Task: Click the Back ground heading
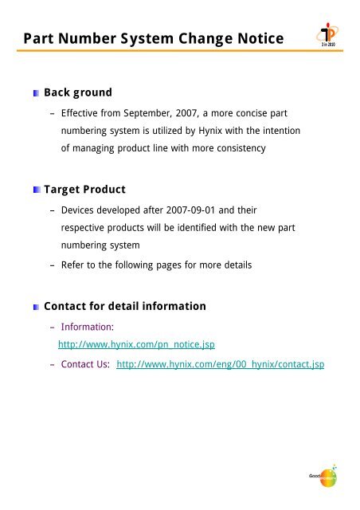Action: (78, 92)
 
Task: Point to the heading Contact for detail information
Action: (125, 306)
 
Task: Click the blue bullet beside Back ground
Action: (34, 92)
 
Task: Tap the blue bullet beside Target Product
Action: (34, 191)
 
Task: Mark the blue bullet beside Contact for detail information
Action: (34, 307)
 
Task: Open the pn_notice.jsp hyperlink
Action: (137, 345)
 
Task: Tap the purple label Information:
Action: (88, 327)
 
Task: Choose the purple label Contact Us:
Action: (85, 364)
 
